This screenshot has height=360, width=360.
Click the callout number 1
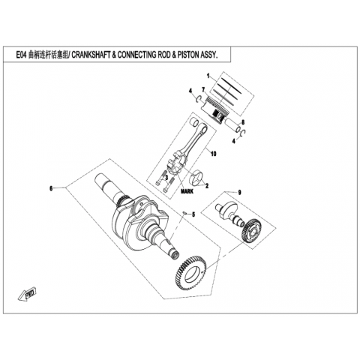click(208, 76)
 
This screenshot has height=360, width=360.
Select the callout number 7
click(203, 89)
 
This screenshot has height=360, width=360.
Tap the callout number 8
click(243, 122)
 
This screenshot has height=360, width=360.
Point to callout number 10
click(213, 154)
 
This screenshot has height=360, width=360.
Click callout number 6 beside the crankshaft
click(51, 188)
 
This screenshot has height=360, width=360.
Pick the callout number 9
click(239, 192)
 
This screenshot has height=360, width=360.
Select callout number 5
click(193, 214)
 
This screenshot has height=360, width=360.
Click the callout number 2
click(207, 186)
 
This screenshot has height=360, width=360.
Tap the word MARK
click(187, 191)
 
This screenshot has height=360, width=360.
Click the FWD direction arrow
click(28, 295)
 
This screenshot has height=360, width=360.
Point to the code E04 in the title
click(21, 55)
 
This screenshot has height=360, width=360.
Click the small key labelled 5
click(184, 213)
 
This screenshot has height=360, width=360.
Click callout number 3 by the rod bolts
click(166, 178)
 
